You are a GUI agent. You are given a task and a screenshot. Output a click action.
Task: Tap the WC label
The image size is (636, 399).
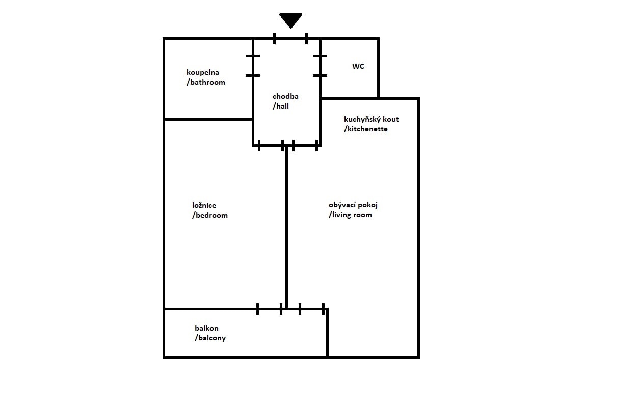[x=358, y=66]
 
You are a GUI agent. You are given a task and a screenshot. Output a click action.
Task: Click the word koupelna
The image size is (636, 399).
[x=203, y=72]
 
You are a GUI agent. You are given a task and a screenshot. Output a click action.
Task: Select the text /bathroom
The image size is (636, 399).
[x=206, y=82]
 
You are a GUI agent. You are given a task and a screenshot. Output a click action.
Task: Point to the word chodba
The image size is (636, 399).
[x=285, y=96]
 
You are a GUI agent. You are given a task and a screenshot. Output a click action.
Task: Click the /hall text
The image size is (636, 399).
[x=281, y=106]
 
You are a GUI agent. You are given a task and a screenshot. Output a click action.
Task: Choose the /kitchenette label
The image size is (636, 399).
[x=366, y=129]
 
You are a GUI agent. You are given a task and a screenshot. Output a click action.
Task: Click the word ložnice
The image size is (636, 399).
[x=204, y=205]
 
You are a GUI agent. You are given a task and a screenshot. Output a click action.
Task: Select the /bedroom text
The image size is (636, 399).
[x=210, y=215]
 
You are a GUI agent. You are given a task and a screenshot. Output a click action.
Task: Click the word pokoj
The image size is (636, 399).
[x=368, y=205]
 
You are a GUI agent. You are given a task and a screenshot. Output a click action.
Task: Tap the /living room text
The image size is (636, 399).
[x=350, y=215]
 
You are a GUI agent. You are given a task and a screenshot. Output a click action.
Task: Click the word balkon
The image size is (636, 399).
[x=206, y=328]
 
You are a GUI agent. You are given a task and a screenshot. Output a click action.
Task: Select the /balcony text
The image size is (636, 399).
[x=210, y=338]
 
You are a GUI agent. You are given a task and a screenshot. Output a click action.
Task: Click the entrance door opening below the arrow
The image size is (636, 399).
[x=290, y=38]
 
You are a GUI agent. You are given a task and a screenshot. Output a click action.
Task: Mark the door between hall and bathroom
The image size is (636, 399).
[x=253, y=66]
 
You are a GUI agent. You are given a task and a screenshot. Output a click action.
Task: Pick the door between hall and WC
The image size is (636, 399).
[x=320, y=66]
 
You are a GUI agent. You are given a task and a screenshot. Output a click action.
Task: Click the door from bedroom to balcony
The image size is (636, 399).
[x=269, y=309]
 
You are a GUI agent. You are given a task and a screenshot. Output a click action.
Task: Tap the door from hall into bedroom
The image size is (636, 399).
[x=271, y=145]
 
